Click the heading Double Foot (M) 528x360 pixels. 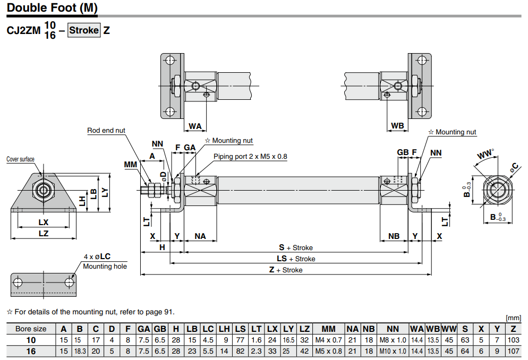coord(52,8)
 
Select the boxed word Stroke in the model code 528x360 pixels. coord(84,30)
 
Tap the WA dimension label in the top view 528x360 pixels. coord(195,126)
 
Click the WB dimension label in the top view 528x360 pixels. coord(397,126)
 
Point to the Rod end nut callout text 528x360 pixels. coord(106,131)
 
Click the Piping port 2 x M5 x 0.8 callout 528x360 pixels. coord(250,157)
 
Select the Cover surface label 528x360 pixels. coord(20,159)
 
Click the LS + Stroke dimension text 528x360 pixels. coord(296,259)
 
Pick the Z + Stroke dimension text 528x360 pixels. coord(285,270)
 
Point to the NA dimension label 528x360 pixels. coord(200,236)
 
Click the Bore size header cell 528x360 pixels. coord(31,329)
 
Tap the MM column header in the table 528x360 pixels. coord(328,329)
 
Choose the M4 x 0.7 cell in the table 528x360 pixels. coord(328,340)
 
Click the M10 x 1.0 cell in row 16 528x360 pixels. coord(393,351)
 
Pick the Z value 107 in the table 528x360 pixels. coord(513,351)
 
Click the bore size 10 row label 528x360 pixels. coord(31,340)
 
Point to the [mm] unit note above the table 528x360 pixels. coord(514,318)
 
